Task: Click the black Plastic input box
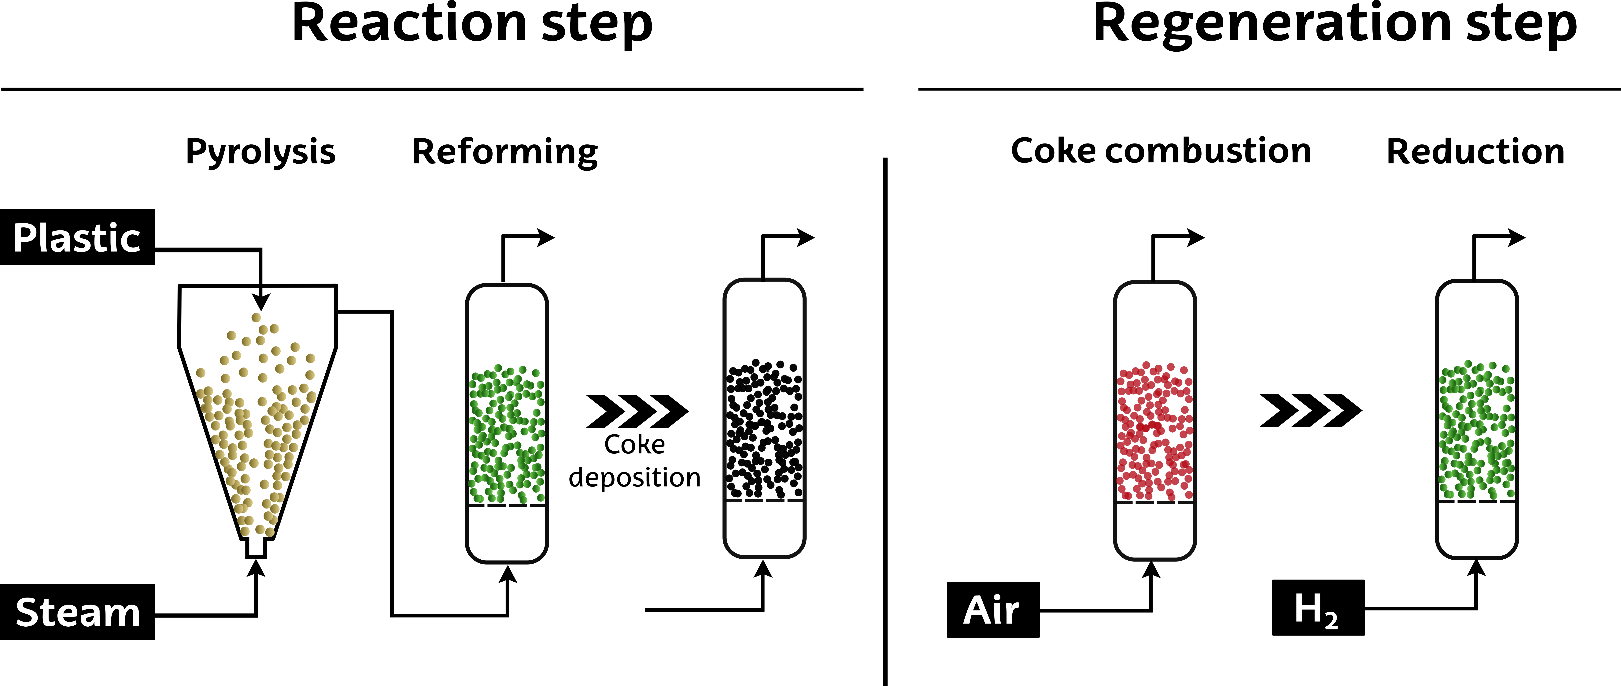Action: (77, 237)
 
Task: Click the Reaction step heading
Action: (472, 25)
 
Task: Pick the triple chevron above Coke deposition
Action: (637, 411)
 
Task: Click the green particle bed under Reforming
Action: (507, 434)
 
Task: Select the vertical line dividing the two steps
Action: (885, 422)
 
